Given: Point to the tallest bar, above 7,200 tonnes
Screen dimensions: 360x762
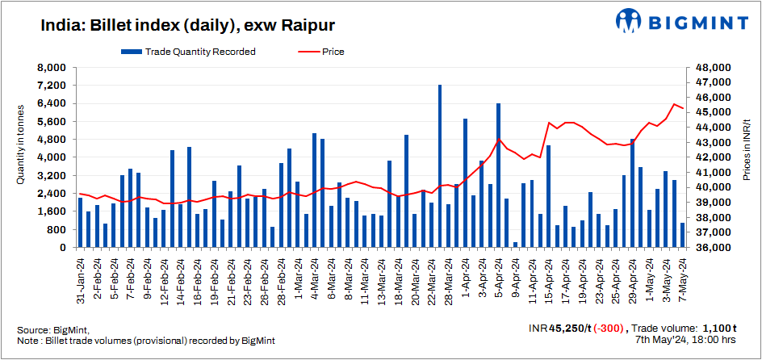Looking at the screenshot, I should [x=440, y=165].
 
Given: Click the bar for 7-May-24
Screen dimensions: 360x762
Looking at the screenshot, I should [x=682, y=235].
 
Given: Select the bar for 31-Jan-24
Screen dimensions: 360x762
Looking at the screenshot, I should [x=80, y=222].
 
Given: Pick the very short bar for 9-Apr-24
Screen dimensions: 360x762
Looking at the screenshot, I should [x=515, y=244].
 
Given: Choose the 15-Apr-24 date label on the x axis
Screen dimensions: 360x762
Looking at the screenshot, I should [x=549, y=277].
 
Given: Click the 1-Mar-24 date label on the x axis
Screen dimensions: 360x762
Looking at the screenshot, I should [x=298, y=275].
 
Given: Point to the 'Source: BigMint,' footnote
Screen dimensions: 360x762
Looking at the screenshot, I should [x=53, y=330].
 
